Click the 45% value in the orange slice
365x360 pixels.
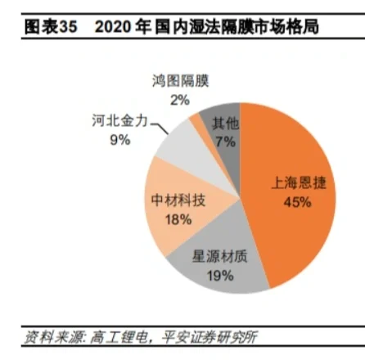pos(297,201)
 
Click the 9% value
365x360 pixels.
pos(119,139)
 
